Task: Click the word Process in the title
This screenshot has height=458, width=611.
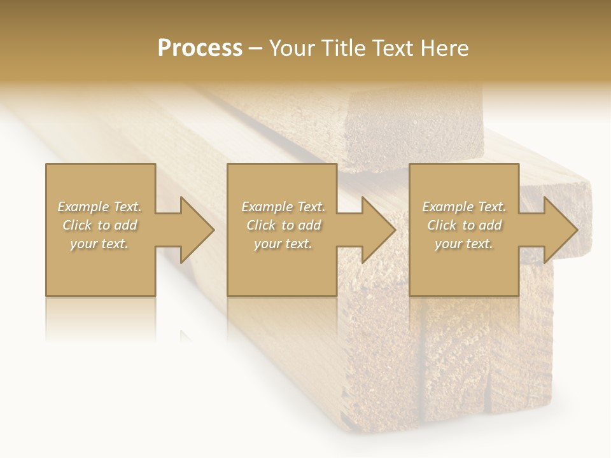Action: click(x=200, y=48)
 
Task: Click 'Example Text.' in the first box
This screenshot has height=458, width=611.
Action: click(x=99, y=207)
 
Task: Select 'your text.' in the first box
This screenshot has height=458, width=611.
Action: click(x=99, y=244)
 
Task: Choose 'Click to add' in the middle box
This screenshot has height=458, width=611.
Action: click(x=283, y=225)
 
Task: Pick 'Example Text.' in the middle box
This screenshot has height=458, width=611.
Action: click(x=283, y=207)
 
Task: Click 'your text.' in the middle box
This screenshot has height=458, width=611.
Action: click(x=283, y=244)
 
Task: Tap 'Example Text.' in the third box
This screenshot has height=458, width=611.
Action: click(x=464, y=207)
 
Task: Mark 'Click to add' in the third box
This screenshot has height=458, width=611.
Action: click(x=464, y=225)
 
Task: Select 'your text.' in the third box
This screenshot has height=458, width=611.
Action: click(x=464, y=244)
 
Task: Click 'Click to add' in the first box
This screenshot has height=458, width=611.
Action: click(x=99, y=225)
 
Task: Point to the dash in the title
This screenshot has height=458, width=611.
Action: click(x=256, y=48)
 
